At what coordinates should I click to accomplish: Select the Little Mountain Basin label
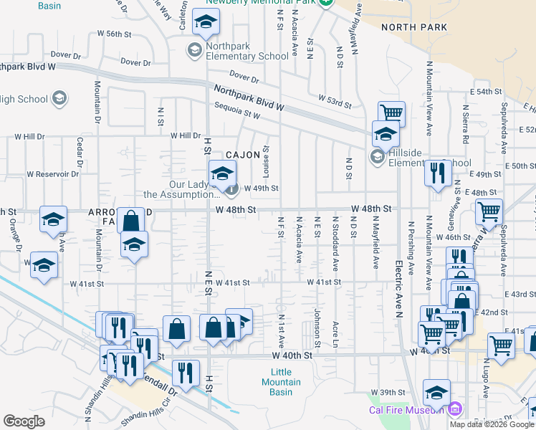[x=281, y=382]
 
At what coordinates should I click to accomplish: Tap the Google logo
[x=24, y=421]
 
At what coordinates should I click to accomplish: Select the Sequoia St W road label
[x=237, y=110]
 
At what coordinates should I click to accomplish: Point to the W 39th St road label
[x=388, y=393]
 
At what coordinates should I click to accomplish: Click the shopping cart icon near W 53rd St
[x=391, y=113]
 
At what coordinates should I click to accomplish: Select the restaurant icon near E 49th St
[x=436, y=173]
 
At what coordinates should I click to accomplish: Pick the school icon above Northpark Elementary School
[x=206, y=24]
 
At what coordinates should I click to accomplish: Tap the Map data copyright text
[x=492, y=424]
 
